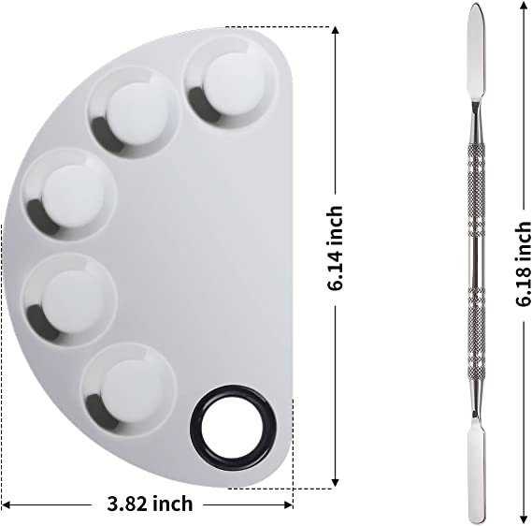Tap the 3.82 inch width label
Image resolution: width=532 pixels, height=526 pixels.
150,504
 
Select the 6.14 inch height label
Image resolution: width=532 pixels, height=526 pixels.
335,247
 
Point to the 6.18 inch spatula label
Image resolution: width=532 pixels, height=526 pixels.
523,264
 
